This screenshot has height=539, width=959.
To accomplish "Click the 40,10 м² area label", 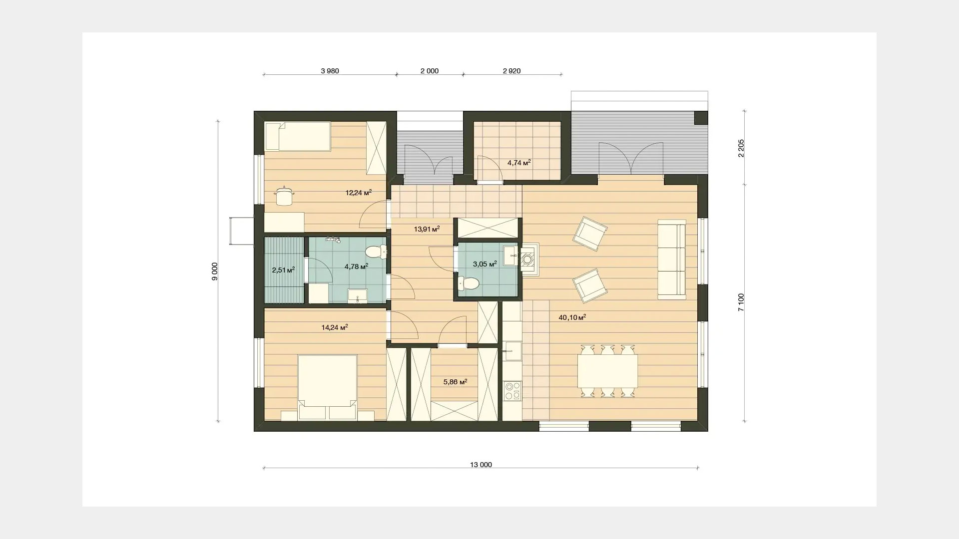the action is [572, 317].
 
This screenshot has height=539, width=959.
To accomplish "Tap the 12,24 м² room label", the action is [359, 192].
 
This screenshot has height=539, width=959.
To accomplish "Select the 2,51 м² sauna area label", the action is [283, 270].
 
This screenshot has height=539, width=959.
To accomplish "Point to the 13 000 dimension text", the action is [481, 465].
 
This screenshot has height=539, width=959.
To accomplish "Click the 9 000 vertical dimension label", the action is [215, 271].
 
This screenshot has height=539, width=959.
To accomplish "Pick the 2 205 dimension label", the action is [741, 148].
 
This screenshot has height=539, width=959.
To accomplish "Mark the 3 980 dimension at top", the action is [330, 71].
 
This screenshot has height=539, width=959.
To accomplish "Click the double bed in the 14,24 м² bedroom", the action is [327, 387].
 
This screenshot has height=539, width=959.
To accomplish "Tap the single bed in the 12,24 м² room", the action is [297, 136].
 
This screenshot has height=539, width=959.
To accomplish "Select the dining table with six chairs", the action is [607, 371].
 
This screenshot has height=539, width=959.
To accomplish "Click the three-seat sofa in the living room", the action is [672, 259].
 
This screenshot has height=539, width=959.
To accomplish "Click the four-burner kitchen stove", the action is [512, 391].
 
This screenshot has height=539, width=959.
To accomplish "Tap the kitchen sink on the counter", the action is [512, 351].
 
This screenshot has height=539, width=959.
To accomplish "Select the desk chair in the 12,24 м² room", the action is [284, 195].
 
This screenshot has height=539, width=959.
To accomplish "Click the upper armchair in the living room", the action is [590, 233].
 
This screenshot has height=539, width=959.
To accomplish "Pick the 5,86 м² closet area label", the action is [455, 382].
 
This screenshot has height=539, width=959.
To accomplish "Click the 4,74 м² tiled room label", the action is [518, 163].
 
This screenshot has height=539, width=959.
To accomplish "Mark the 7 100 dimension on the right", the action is [741, 302].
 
